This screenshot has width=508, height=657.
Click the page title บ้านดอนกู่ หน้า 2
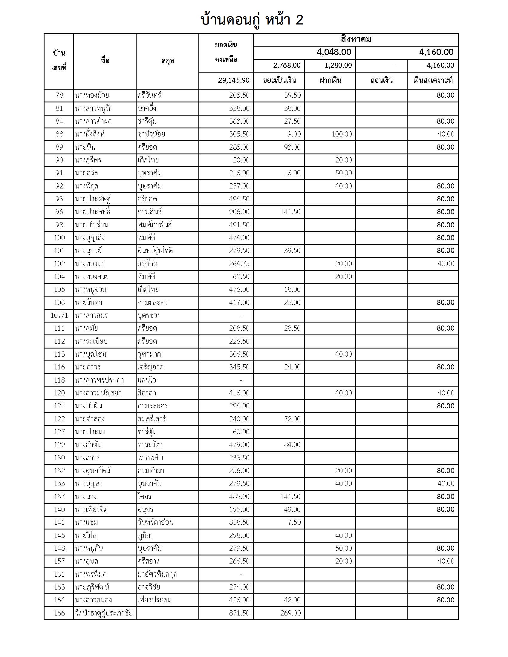252,20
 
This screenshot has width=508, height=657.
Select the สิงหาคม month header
356,39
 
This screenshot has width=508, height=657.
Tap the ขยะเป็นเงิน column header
279,80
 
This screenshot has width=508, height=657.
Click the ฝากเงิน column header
330,80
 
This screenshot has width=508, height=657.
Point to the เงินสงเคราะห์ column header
433,80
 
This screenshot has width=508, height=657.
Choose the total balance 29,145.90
234,80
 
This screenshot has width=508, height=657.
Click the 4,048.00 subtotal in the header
334,52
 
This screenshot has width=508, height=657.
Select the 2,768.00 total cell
287,66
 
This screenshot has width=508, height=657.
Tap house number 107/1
59,316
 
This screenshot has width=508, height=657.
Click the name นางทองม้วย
92,95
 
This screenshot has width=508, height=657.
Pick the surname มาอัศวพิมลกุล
157,574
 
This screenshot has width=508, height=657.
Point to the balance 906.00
239,212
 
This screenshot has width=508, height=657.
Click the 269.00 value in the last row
290,613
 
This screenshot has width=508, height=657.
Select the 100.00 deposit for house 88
342,134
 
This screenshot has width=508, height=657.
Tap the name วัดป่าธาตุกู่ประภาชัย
103,613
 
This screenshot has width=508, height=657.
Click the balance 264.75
239,264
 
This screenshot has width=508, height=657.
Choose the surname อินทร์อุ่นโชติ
155,251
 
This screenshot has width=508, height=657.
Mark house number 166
59,613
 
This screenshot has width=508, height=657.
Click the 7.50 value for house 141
294,523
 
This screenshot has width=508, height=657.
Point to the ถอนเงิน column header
381,80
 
